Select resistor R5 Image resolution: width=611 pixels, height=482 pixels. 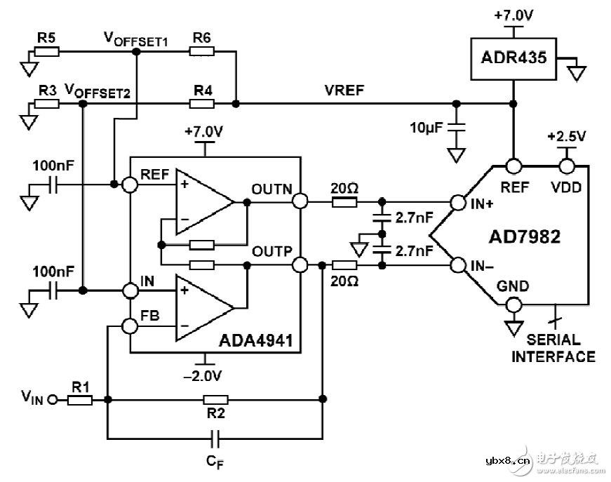click(47, 51)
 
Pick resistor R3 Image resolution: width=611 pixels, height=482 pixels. click(47, 104)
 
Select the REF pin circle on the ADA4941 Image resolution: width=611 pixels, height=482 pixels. click(130, 185)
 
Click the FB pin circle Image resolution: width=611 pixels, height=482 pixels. click(130, 326)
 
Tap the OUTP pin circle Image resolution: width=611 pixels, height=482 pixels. click(300, 265)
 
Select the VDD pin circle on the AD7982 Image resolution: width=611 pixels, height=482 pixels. click(566, 166)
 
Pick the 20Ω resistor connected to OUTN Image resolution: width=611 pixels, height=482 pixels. click(344, 202)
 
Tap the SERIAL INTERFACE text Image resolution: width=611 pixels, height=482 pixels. click(553, 349)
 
